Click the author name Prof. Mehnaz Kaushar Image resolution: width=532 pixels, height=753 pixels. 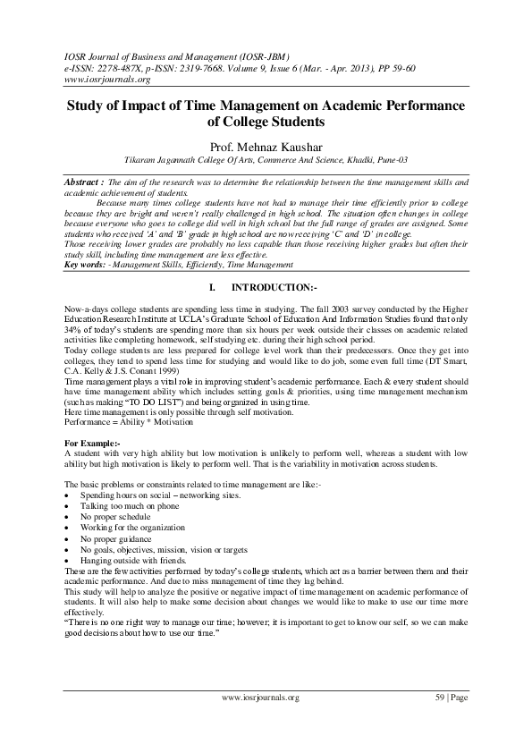click(266, 146)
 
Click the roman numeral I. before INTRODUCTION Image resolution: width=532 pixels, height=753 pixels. click(212, 287)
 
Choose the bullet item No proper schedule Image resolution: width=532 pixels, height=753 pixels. click(115, 517)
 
